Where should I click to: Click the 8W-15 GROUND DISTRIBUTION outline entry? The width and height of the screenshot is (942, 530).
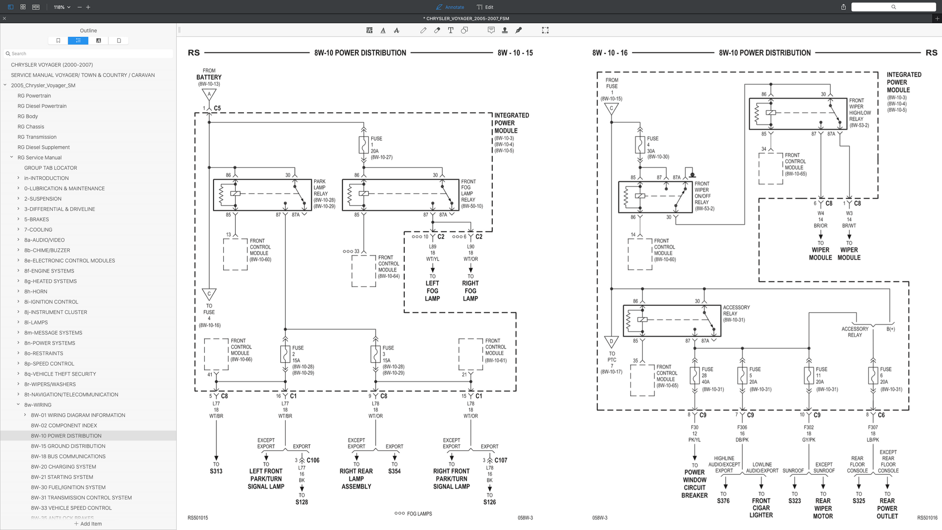coord(68,446)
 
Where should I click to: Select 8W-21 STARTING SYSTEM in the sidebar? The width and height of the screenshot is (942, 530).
coord(62,477)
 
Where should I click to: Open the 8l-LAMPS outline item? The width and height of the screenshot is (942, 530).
coord(36,322)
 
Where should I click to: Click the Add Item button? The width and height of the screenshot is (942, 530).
coord(88,524)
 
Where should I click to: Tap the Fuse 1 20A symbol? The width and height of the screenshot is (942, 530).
coord(364,145)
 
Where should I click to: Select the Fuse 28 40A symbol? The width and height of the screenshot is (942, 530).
coord(695,376)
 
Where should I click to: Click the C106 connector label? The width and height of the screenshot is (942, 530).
coord(313,460)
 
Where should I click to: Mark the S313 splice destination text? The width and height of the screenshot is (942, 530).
coord(216,471)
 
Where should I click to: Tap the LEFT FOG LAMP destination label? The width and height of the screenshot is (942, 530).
coord(432,291)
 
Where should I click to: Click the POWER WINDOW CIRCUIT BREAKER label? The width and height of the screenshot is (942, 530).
coord(695,484)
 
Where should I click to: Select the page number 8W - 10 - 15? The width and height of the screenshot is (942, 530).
coord(515,53)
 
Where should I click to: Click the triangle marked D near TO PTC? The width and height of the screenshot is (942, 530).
coord(611,342)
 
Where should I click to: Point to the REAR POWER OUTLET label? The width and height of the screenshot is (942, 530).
coord(887,508)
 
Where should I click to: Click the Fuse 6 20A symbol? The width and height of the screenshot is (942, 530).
coord(873,376)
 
